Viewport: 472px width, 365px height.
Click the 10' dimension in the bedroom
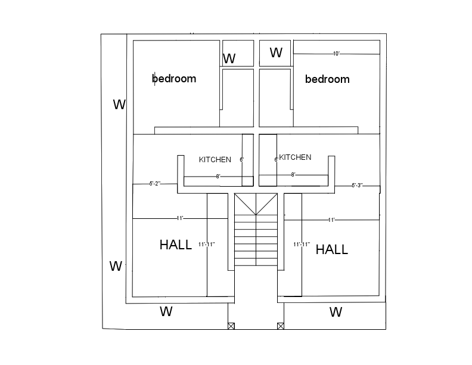click(337, 54)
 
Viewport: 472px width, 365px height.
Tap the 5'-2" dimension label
click(155, 184)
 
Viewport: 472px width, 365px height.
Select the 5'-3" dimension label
click(357, 185)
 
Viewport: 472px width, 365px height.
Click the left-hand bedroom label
click(174, 79)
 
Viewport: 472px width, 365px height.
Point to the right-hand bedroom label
click(327, 79)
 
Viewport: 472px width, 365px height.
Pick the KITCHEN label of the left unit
click(215, 160)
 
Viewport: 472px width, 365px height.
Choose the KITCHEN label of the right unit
click(295, 157)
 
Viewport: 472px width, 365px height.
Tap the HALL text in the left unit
click(176, 245)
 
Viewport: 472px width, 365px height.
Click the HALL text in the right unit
click(331, 250)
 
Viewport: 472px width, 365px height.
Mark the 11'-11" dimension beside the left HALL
click(206, 245)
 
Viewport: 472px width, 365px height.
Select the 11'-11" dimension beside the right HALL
click(302, 245)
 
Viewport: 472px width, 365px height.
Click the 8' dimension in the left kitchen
click(218, 177)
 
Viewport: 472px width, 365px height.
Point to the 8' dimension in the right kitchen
click(293, 175)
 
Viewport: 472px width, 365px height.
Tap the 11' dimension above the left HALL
click(179, 218)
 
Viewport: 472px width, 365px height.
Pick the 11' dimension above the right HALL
click(331, 220)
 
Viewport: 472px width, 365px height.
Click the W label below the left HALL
click(166, 311)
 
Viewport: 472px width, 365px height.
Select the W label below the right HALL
click(336, 312)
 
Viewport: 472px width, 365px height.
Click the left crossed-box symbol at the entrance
click(231, 326)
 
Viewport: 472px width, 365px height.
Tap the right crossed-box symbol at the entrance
click(280, 326)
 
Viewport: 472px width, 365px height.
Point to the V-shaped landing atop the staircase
click(256, 204)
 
